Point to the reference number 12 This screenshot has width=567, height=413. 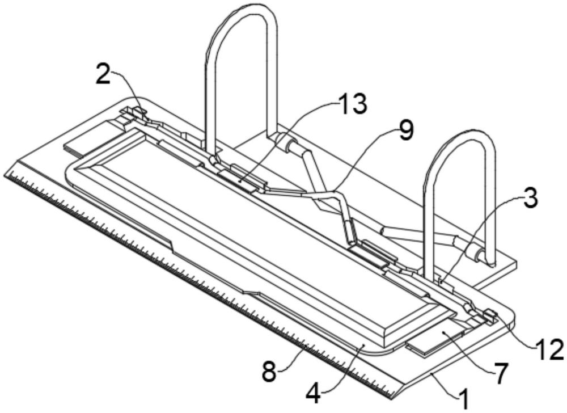(548, 350)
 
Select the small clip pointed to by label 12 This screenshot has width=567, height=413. (489, 315)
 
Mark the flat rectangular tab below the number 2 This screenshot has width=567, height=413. (91, 142)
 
